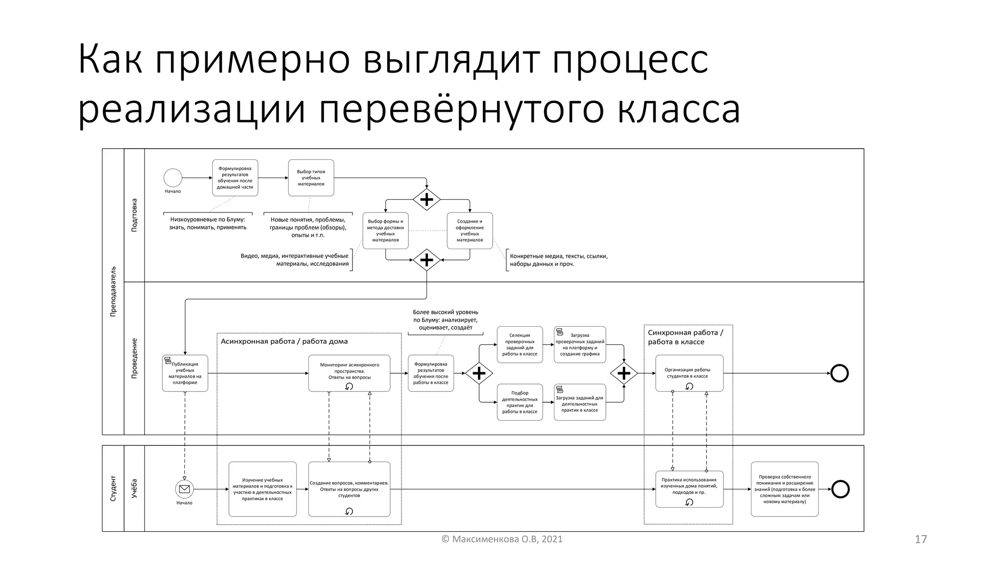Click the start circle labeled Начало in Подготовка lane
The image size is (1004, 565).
pos(173,178)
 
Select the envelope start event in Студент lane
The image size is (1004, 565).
pos(184,489)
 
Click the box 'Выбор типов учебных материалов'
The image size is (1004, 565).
pos(311,178)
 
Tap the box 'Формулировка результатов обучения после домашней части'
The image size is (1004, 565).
pos(235,178)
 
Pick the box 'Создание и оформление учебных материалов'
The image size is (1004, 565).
pos(470,231)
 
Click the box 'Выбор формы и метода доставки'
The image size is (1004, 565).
pos(385,231)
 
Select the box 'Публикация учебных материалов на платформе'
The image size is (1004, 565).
pos(185,373)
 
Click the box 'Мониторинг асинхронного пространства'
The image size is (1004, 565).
pos(349,373)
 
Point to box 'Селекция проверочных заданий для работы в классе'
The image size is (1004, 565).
pos(520,345)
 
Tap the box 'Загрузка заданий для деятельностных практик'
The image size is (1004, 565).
pos(579,403)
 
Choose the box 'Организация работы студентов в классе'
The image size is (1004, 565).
pos(689,373)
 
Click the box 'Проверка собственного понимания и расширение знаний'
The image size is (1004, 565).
pos(784,489)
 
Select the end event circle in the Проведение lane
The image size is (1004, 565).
pos(839,373)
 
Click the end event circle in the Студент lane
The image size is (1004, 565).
pos(840,489)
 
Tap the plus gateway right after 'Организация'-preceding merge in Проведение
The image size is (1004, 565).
pos(624,374)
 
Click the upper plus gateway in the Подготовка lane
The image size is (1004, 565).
pos(427,200)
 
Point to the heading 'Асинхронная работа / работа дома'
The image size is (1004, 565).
pos(284,341)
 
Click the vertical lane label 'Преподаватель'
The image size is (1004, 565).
pos(113,291)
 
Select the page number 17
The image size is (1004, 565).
pos(921,539)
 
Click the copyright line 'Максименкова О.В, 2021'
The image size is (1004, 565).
pos(502,539)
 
